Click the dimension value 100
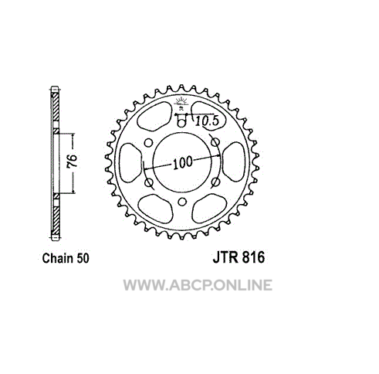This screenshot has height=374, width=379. [x=183, y=162]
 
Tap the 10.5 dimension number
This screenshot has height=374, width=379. [x=207, y=121]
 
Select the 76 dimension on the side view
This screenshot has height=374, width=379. [x=72, y=161]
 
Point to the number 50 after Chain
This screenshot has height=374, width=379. [x=83, y=258]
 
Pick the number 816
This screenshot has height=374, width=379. [x=253, y=257]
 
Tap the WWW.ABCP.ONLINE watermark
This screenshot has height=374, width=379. [x=198, y=285]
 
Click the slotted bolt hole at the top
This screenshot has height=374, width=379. [x=181, y=121]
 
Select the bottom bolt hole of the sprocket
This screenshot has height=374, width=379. [x=182, y=202]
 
